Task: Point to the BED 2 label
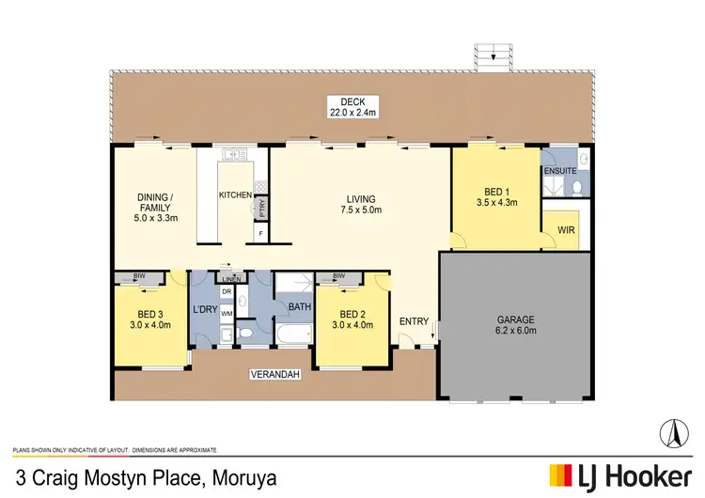pos(352,314)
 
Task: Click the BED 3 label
pos(149,314)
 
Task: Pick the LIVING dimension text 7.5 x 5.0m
pos(361,211)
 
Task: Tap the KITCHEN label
pos(234,195)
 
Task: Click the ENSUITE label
pos(560,171)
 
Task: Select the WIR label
pos(565,228)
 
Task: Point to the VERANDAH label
pos(274,375)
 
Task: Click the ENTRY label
pos(414,321)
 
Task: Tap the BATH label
pos(300,306)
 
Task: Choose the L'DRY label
pos(205,309)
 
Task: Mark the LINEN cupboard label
pos(230,279)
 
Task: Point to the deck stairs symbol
pos(489,56)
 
